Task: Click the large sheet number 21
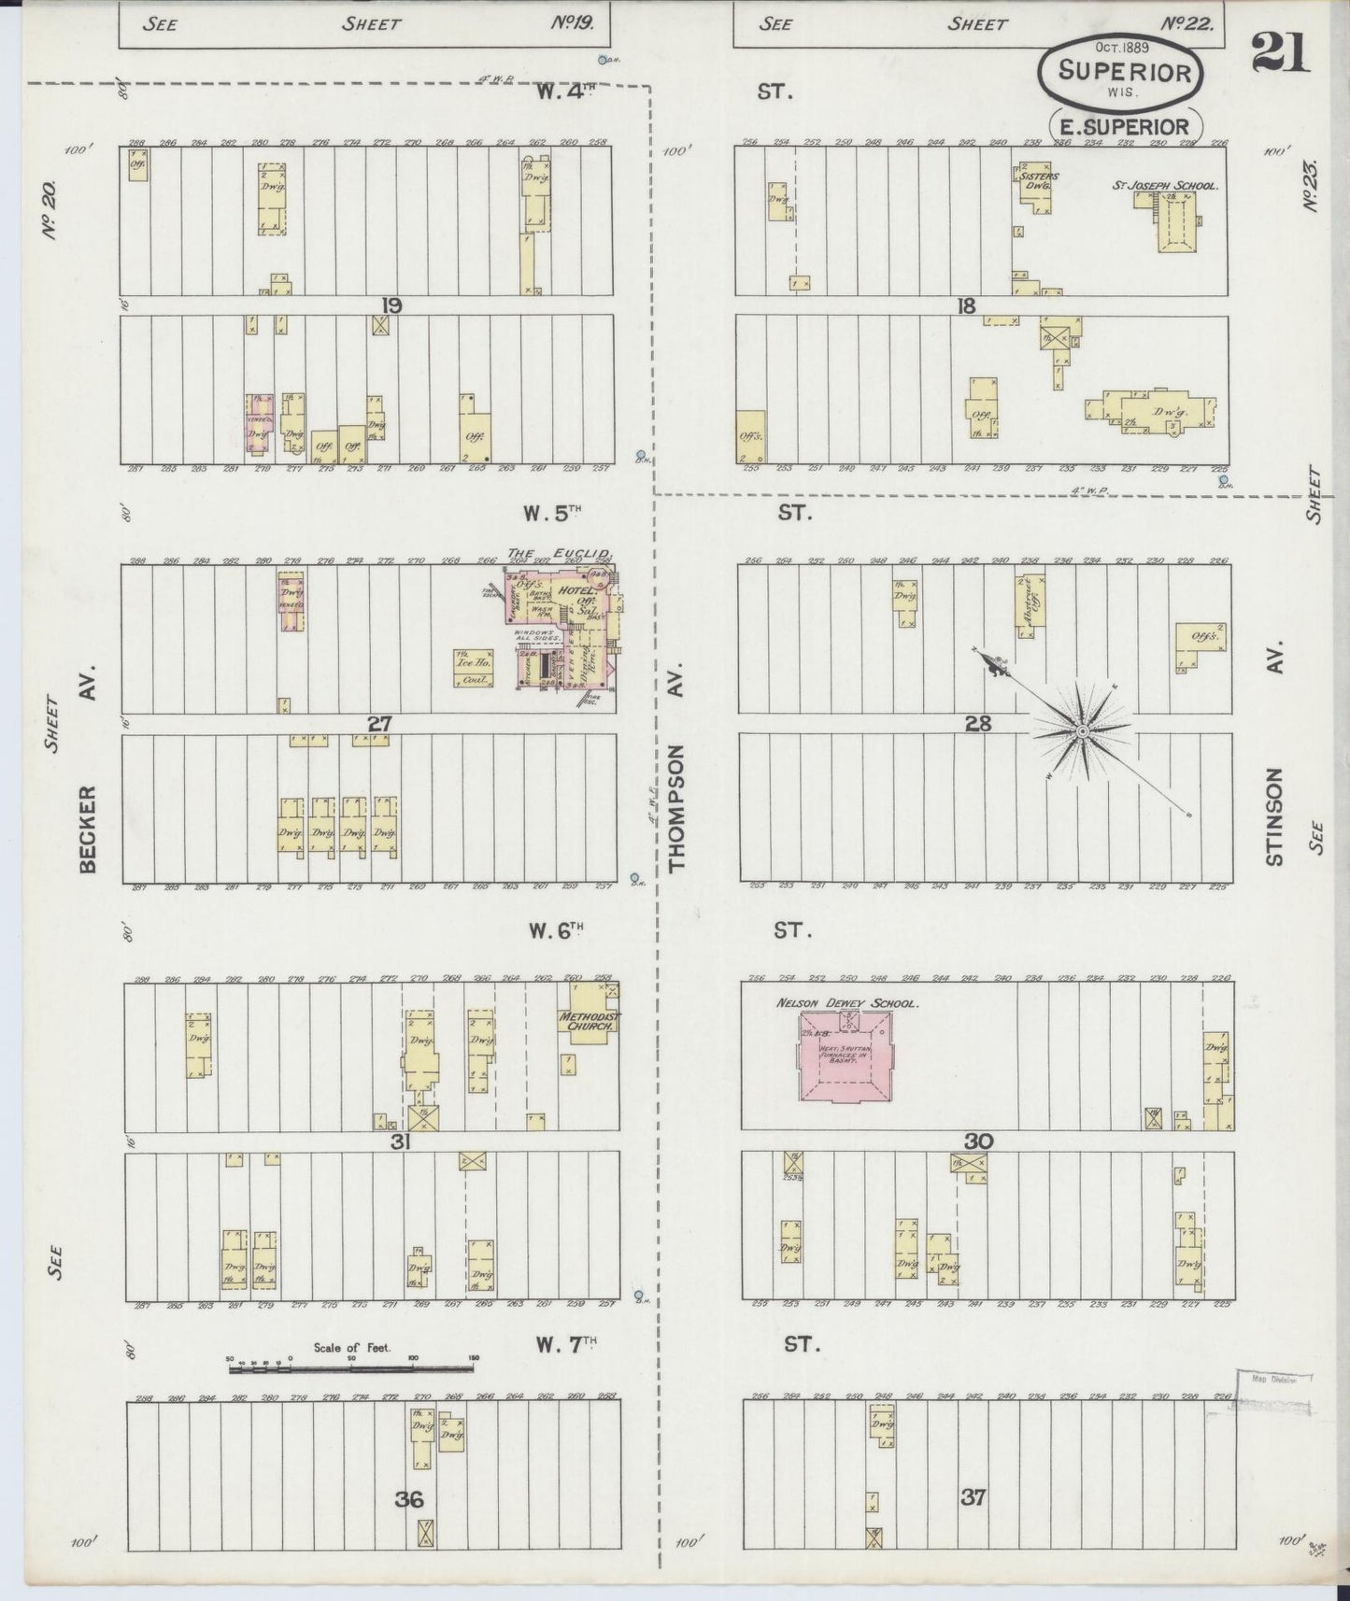[x=1280, y=52]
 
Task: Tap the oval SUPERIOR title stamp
[x=1124, y=73]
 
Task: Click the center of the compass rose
[x=1081, y=730]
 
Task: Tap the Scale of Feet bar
[x=351, y=1369]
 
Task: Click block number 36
[x=409, y=1499]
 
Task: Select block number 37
[x=973, y=1497]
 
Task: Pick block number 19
[x=391, y=305]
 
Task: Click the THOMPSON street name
[x=678, y=808]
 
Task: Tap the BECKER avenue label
[x=89, y=829]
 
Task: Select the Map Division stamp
[x=1273, y=1379]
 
